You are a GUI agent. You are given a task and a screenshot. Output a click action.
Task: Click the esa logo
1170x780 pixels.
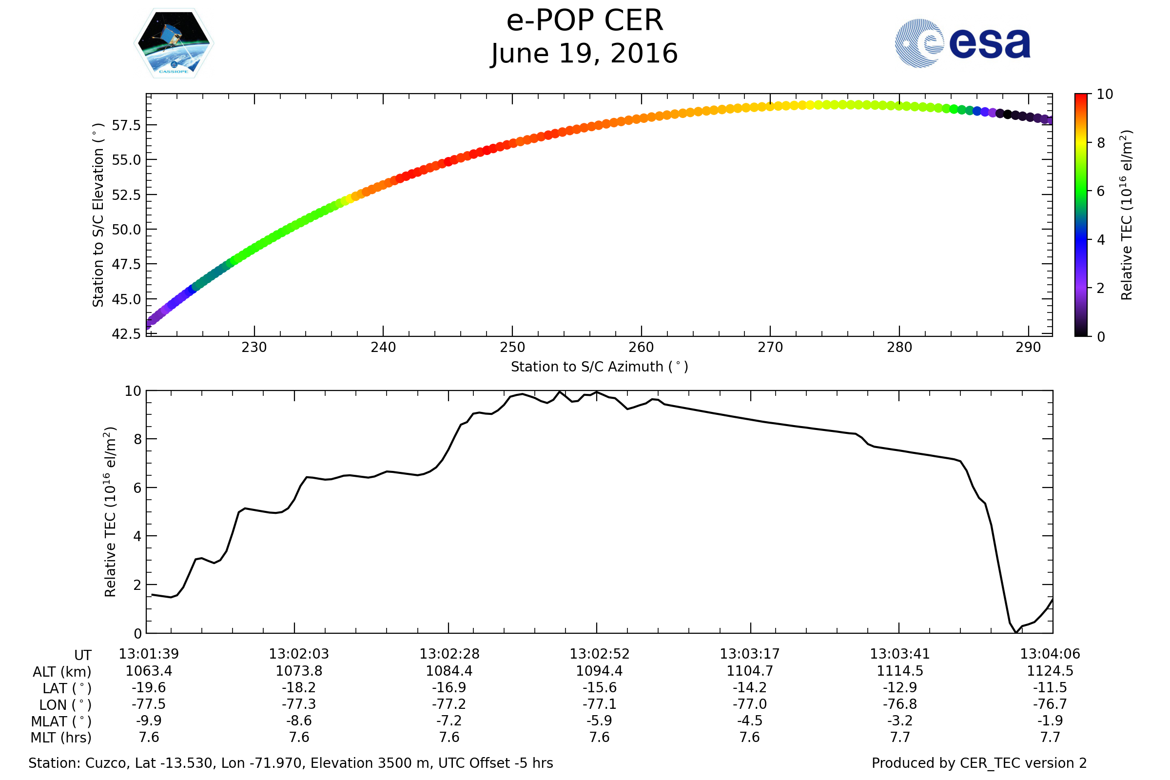click(x=962, y=43)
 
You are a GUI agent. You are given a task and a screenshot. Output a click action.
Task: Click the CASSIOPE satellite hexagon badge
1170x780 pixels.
click(x=174, y=43)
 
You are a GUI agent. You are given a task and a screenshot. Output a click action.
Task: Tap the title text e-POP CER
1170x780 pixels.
click(x=585, y=21)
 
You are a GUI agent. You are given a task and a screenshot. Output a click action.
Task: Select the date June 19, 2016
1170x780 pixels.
click(x=585, y=54)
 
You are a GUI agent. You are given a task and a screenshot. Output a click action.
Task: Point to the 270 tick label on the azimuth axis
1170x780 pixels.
click(x=770, y=348)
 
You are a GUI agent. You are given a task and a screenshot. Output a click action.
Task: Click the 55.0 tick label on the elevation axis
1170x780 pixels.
click(x=126, y=160)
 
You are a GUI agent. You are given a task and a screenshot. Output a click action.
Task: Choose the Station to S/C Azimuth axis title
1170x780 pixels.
click(x=600, y=367)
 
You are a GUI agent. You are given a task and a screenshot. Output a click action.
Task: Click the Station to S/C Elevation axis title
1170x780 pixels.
click(x=98, y=214)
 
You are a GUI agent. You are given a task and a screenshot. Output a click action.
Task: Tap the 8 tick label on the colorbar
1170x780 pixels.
click(x=1100, y=143)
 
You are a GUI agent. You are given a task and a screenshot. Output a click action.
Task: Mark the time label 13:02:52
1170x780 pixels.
click(x=600, y=654)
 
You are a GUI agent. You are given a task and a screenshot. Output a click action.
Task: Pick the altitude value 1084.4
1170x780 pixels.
click(x=448, y=671)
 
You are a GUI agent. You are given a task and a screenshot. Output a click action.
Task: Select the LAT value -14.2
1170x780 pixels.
click(x=750, y=687)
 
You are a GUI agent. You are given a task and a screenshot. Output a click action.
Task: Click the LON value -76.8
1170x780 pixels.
click(x=899, y=704)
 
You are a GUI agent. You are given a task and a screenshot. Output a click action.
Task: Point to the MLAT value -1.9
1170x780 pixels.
click(x=1050, y=721)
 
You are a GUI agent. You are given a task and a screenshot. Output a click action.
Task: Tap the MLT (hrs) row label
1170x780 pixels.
click(x=61, y=738)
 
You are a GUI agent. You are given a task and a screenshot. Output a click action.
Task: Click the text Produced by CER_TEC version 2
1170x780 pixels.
click(x=979, y=763)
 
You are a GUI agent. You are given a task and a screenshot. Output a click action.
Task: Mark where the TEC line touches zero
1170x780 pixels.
click(x=1015, y=632)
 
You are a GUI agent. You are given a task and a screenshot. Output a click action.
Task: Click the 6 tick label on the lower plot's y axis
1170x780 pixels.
click(x=137, y=488)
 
